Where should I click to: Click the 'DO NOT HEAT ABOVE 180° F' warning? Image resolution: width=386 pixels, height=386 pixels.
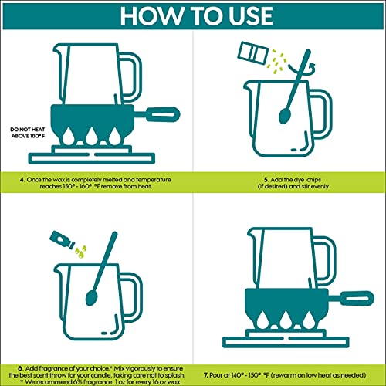click(x=28, y=133)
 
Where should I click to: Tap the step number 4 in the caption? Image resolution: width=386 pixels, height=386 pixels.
click(x=22, y=180)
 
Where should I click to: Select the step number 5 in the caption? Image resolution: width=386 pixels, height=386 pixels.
click(x=266, y=180)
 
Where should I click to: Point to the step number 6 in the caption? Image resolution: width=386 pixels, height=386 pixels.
click(x=20, y=368)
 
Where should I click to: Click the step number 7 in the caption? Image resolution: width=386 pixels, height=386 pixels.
click(x=205, y=375)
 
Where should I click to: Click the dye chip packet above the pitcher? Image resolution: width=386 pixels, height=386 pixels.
click(x=253, y=53)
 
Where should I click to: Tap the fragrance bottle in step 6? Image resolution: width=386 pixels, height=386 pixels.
click(x=62, y=240)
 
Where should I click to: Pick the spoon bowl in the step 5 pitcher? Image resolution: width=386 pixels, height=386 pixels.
click(x=284, y=116)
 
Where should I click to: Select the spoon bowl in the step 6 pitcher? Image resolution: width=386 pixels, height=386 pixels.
click(x=91, y=298)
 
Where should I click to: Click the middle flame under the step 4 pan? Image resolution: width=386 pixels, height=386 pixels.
click(x=91, y=136)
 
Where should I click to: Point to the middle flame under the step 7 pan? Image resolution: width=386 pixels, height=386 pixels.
click(x=286, y=320)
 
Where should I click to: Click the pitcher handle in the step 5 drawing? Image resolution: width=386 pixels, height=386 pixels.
click(x=322, y=113)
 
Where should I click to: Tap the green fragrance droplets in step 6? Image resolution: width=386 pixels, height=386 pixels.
click(x=80, y=252)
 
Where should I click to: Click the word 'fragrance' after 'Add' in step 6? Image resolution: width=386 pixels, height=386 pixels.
click(x=51, y=368)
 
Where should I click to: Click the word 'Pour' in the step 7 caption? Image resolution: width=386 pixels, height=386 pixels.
click(x=215, y=375)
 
